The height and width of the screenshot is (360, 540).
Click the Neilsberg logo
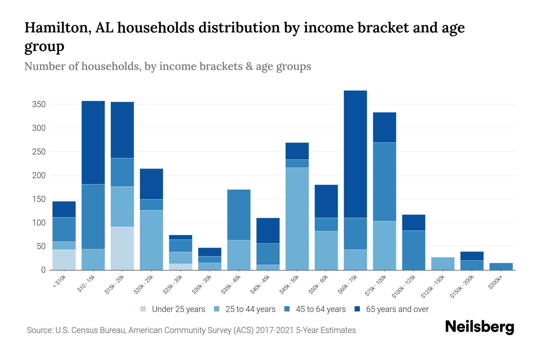479,327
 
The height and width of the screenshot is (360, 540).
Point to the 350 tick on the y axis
39,104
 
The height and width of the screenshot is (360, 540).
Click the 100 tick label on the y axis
39,223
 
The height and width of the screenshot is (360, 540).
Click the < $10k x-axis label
60,282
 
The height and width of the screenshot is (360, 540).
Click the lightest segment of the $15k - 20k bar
122,248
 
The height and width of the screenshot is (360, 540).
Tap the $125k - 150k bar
442,264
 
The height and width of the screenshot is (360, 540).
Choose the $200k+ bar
501,266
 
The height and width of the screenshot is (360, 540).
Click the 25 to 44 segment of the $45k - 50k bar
297,219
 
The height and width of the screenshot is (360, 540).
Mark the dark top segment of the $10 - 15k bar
93,142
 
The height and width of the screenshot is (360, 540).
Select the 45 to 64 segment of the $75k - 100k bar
384,182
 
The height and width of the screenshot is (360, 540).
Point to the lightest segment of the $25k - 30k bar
181,267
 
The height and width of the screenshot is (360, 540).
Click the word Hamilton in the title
58,28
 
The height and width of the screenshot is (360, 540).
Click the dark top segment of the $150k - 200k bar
472,256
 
